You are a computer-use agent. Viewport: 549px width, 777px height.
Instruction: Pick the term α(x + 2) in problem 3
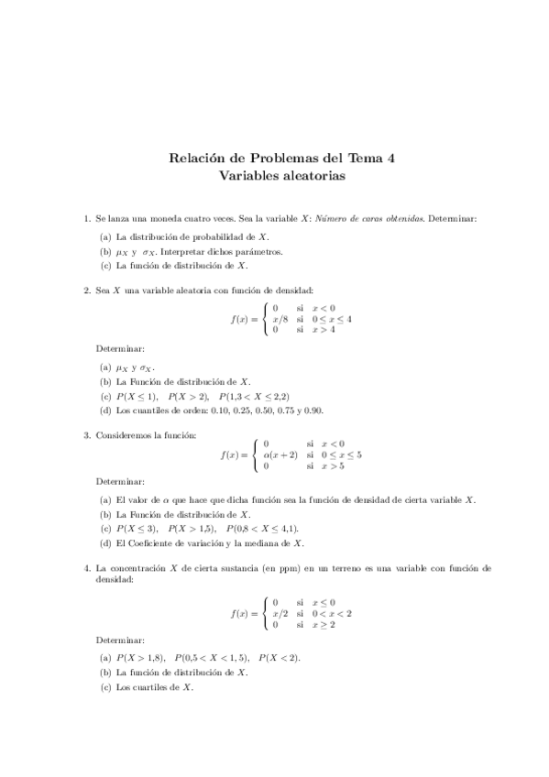click(x=280, y=454)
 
